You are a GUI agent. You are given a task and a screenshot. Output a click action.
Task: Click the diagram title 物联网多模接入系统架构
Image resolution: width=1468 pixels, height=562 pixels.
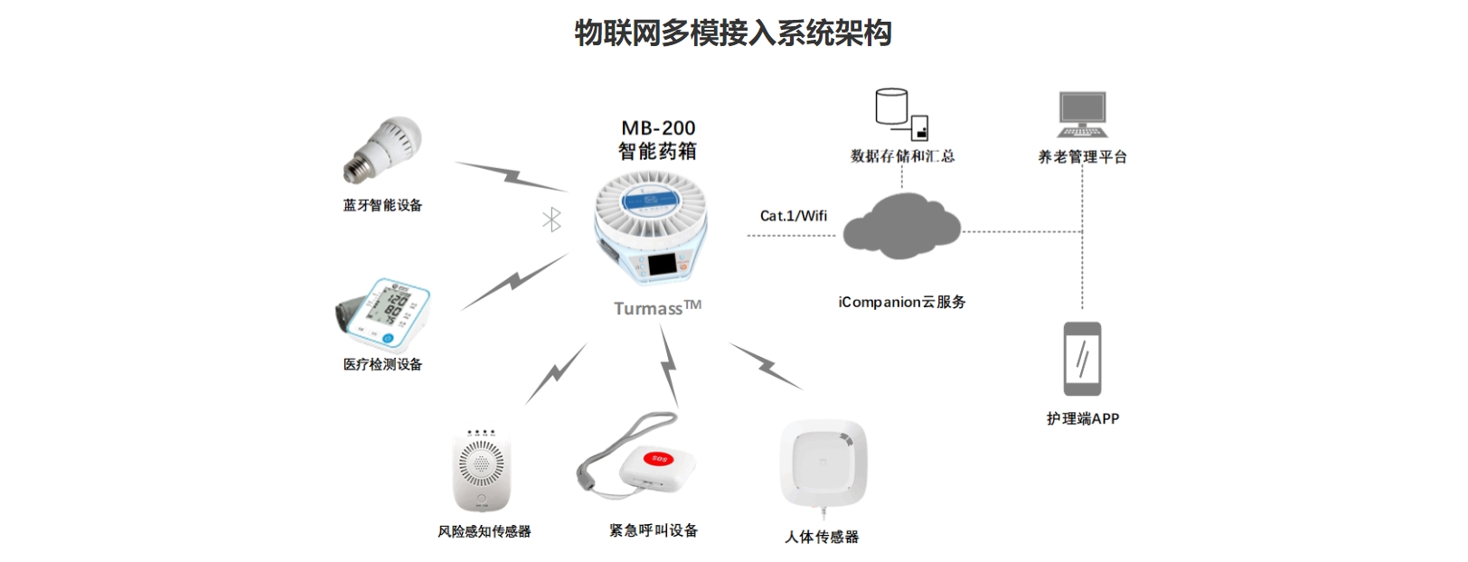coord(733,33)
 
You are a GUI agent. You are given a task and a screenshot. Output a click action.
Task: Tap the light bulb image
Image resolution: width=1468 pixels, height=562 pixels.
coord(383,150)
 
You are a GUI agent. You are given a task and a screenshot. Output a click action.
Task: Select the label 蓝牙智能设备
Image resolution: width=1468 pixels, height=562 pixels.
coord(382,205)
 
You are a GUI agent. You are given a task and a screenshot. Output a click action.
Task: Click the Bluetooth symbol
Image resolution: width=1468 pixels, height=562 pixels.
coord(551,219)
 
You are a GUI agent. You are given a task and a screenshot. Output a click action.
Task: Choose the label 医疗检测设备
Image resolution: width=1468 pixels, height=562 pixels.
coord(382,364)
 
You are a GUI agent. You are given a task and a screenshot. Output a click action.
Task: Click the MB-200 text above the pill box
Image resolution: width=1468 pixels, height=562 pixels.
coord(658,128)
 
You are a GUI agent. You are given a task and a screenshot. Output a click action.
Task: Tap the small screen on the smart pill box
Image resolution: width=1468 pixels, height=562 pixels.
coord(662,266)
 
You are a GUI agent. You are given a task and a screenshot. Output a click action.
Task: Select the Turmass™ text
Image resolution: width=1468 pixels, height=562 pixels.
coord(657,308)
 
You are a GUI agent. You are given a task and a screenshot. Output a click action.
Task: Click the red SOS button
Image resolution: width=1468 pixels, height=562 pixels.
coord(659,459)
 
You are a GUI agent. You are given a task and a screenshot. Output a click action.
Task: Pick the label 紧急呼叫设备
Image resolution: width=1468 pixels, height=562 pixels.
coord(654,530)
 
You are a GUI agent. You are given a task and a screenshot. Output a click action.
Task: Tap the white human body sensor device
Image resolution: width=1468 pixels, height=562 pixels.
coord(823,464)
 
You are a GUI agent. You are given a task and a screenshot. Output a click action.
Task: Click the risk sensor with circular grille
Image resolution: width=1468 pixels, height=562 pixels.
coord(482,468)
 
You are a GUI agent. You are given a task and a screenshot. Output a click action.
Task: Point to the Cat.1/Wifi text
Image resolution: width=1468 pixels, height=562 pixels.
coord(793,216)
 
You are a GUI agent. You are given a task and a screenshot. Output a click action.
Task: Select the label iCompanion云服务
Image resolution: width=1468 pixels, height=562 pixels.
coord(901,302)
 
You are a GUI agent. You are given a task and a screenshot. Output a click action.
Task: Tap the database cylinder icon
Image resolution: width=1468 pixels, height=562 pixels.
coord(891,107)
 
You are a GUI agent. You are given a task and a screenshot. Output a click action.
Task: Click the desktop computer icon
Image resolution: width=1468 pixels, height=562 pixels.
coord(1082,114)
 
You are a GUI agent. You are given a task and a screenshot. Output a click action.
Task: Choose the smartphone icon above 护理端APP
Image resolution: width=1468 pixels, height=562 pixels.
coord(1082,359)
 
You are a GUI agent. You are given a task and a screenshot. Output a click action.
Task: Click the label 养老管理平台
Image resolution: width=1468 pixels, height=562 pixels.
coord(1082,157)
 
